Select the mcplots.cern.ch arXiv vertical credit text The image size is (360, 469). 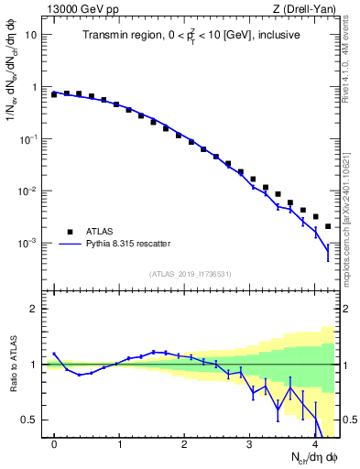click(348, 202)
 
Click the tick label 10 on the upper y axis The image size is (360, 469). click(30, 35)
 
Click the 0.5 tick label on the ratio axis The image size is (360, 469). click(29, 420)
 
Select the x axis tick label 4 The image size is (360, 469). click(314, 445)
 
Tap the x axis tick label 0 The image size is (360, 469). click(55, 445)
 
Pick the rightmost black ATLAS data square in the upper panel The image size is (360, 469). click(327, 226)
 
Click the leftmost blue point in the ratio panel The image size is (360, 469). click(55, 354)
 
